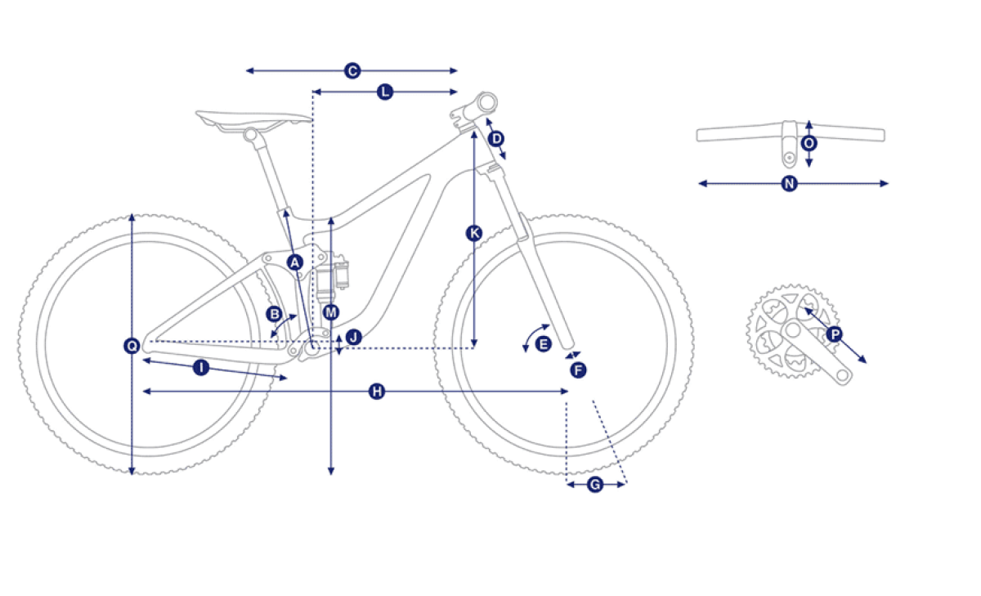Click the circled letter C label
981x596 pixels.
(352, 70)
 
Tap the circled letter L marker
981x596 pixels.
(385, 92)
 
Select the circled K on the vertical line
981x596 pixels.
(474, 233)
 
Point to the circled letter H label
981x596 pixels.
(377, 392)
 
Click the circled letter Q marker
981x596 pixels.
(132, 346)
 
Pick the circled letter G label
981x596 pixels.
(595, 485)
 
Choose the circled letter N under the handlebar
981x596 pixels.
(790, 183)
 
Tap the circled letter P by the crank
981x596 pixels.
(835, 335)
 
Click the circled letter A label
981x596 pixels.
(295, 262)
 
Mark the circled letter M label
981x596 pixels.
(330, 312)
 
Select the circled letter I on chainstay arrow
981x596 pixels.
(201, 367)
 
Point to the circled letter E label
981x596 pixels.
(544, 344)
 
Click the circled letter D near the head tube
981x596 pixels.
(496, 139)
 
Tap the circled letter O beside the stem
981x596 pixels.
(809, 143)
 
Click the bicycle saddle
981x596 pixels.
(254, 120)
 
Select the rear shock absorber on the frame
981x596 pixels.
(332, 278)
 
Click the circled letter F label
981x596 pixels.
(578, 370)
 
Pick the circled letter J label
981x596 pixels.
(354, 337)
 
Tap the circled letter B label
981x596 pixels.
(275, 314)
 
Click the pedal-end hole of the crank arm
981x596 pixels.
(842, 375)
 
